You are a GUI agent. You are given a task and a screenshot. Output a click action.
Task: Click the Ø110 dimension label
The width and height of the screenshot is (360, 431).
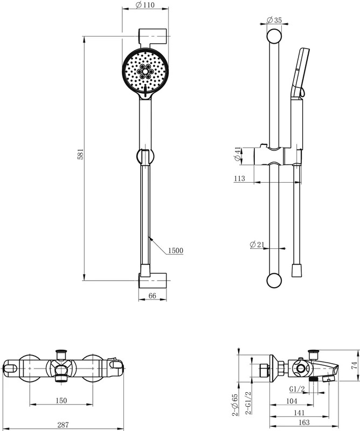coord(145,5)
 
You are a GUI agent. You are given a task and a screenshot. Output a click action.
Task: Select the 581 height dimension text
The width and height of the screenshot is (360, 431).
coord(80,154)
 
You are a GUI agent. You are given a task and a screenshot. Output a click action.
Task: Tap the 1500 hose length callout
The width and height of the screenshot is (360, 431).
coord(176,251)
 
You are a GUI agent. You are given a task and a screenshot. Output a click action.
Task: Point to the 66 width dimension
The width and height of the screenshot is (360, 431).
coord(152,296)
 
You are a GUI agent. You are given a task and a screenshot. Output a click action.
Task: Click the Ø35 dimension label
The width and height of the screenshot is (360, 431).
coord(274,20)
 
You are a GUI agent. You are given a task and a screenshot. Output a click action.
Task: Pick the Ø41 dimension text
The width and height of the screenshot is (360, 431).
coord(237,154)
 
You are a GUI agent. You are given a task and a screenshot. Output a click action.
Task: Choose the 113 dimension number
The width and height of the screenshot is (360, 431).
coord(239,178)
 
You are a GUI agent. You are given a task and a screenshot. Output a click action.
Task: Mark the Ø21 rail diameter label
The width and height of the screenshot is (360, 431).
coord(257,244)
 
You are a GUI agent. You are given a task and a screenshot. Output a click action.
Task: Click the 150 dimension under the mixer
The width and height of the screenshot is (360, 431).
coord(61,400)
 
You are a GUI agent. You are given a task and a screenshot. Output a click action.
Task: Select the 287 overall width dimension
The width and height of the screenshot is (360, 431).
coord(63,425)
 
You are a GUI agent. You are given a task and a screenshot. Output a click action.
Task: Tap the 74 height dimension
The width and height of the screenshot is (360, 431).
coord(355,365)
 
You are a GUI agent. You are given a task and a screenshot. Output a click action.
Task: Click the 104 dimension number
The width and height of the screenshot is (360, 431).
coord(292,401)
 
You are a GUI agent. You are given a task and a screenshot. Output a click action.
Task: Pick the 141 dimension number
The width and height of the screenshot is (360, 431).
coord(299,413)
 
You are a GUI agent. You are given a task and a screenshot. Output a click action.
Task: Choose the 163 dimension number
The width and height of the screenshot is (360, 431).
coord(303,422)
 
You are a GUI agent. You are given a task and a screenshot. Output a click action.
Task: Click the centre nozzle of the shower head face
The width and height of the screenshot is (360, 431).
coord(145,72)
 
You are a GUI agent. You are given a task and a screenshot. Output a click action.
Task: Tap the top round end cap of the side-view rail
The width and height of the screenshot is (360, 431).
coord(274,36)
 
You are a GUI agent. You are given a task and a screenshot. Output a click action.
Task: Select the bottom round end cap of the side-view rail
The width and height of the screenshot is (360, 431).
coord(274,281)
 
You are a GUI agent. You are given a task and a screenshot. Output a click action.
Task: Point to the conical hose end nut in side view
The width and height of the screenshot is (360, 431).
coord(297,270)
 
